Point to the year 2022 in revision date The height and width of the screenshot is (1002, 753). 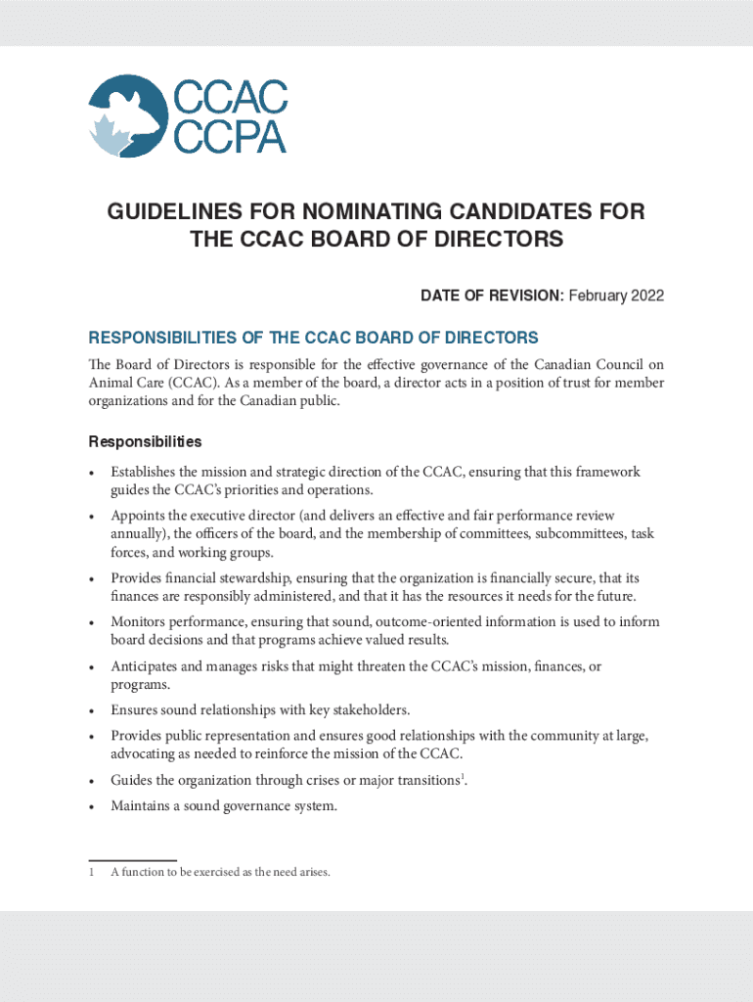pyautogui.click(x=644, y=296)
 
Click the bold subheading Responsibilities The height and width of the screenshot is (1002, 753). pyautogui.click(x=145, y=441)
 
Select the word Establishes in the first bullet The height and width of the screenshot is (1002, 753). pyautogui.click(x=146, y=472)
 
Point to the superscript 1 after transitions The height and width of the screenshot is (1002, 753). pyautogui.click(x=463, y=777)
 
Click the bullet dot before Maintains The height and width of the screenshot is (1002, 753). pyautogui.click(x=91, y=807)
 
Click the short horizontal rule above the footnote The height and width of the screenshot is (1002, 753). pyautogui.click(x=132, y=860)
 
